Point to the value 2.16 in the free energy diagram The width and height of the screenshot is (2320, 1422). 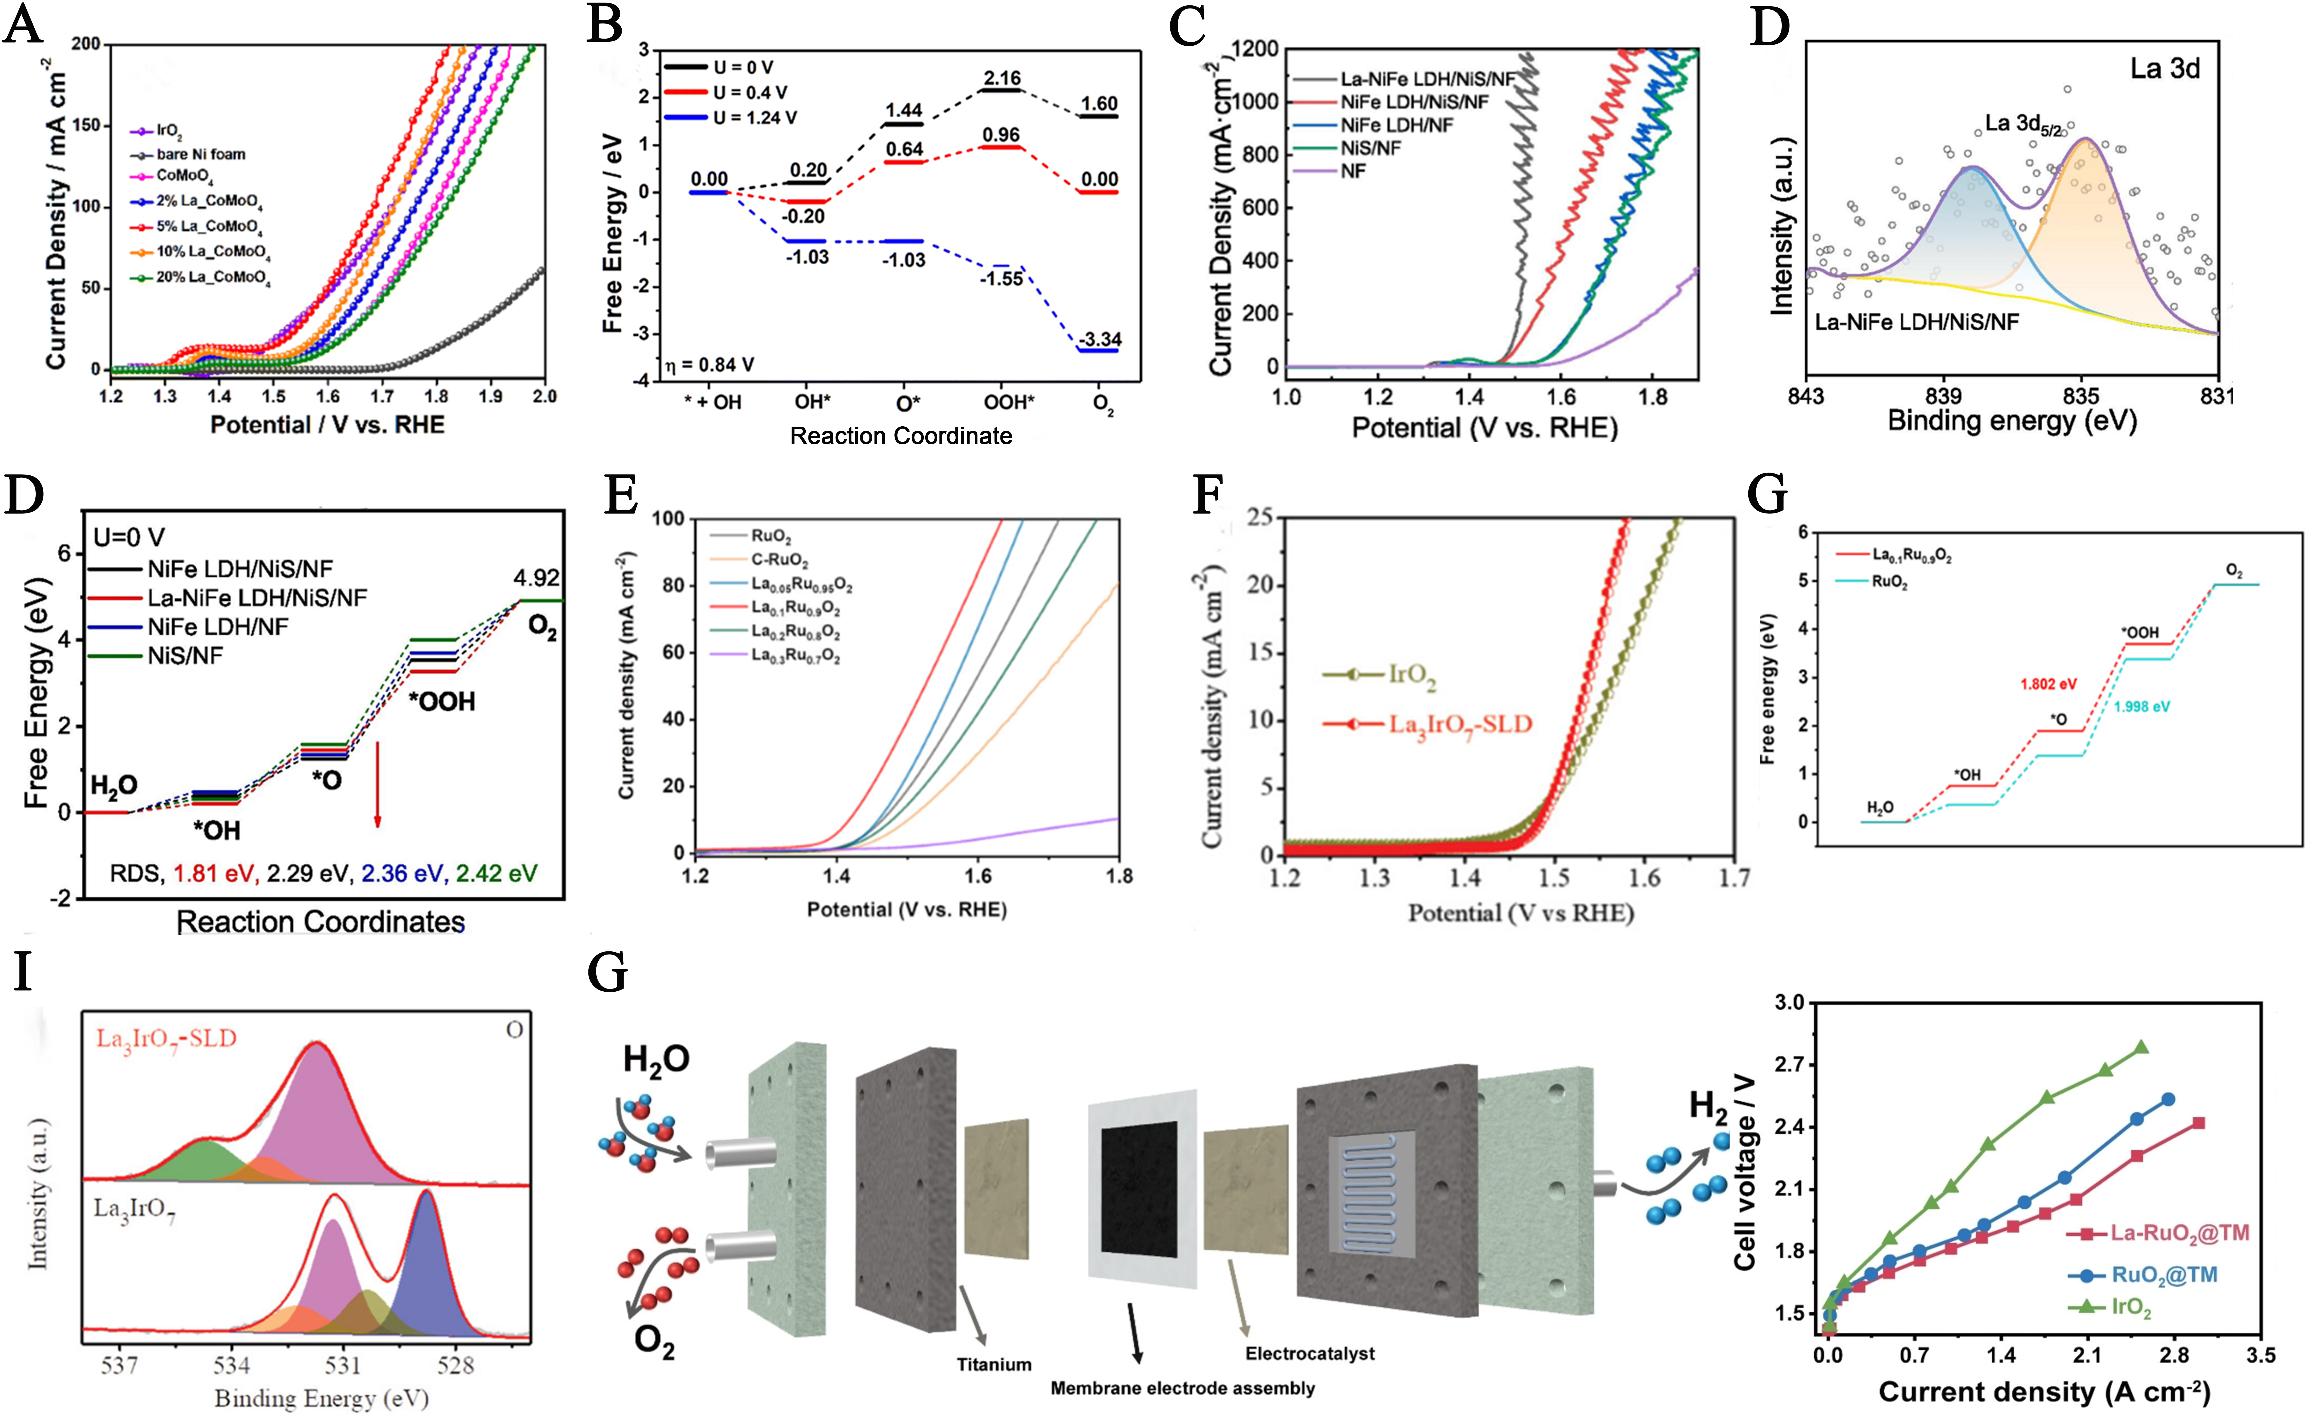coord(1002,78)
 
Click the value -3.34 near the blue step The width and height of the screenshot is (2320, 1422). coord(1100,339)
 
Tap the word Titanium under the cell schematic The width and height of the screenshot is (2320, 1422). coord(993,1364)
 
